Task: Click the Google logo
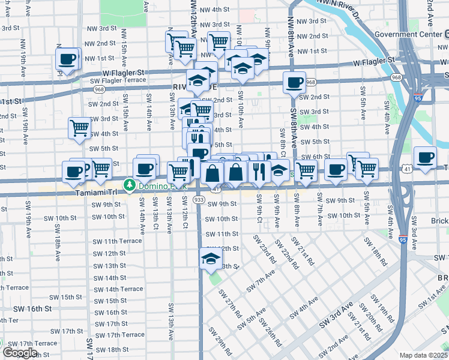click(20, 353)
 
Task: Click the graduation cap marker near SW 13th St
click(211, 259)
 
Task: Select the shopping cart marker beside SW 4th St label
click(79, 128)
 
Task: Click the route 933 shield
click(199, 199)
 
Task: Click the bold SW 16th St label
click(31, 308)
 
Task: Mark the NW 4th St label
click(215, 10)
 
